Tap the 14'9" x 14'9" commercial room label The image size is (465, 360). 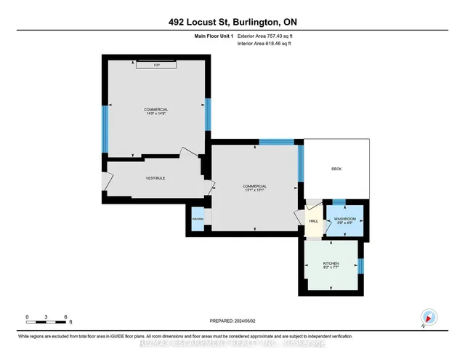coord(155,112)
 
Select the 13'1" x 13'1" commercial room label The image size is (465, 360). coord(255,189)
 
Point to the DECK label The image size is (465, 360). coord(336,169)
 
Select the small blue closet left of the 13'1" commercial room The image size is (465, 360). coord(197,219)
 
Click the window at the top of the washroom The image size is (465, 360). coord(339,201)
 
